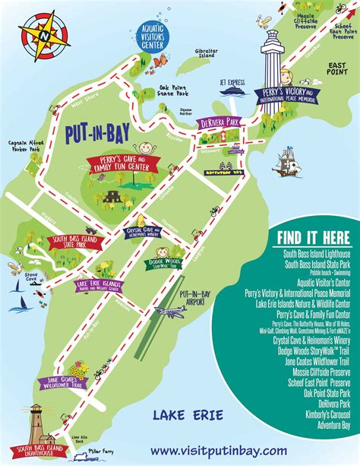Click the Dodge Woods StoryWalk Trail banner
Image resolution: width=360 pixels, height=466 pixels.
[160, 262]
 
